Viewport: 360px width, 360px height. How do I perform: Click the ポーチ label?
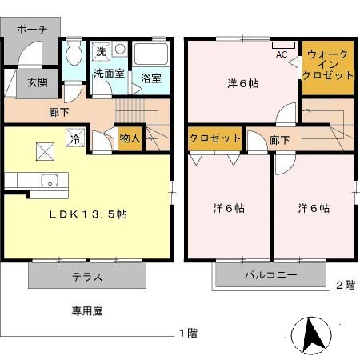(31, 29)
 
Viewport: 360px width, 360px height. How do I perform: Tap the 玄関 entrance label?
(37, 81)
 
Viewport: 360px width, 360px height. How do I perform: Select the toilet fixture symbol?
(74, 54)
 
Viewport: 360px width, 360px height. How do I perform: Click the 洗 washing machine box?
(101, 51)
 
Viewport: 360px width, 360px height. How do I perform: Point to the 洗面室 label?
(107, 73)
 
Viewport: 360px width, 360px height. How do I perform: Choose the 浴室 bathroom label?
(151, 78)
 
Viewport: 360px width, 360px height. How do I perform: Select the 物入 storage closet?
(130, 138)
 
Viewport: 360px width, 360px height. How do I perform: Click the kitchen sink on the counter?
(49, 179)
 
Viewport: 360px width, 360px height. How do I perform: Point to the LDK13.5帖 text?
(88, 215)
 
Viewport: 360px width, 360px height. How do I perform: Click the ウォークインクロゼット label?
(329, 65)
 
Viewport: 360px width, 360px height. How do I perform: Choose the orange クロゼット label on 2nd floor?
(215, 138)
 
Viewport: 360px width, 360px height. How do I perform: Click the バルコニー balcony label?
(270, 274)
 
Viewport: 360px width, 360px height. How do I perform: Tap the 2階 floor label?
(345, 285)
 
